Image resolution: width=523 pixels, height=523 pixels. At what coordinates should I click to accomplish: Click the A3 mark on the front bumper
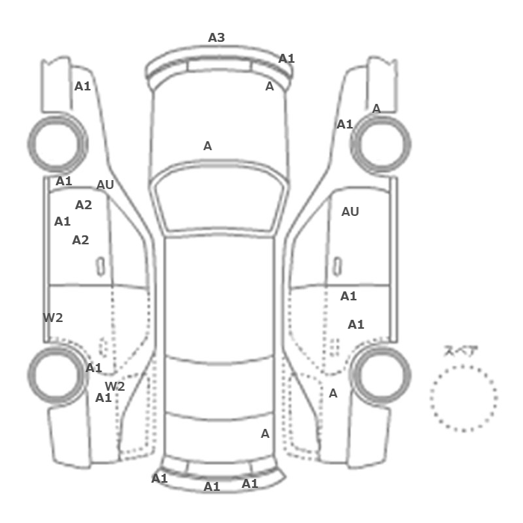[x=216, y=37]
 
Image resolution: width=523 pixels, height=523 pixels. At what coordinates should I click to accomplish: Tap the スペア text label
[x=461, y=351]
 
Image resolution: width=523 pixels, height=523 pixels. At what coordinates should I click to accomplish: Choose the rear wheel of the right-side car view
[x=383, y=374]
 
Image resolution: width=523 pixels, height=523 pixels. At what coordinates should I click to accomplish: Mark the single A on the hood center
[x=208, y=146]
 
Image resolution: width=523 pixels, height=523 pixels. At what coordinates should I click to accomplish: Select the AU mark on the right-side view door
[x=350, y=211]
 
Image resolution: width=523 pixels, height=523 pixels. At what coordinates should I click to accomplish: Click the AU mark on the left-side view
[x=105, y=185]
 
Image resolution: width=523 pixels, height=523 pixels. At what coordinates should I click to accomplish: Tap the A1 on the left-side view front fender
[x=82, y=86]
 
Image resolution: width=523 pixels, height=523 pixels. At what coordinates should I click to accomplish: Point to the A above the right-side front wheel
[x=377, y=108]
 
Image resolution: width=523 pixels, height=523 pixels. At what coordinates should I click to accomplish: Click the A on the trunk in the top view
[x=264, y=433]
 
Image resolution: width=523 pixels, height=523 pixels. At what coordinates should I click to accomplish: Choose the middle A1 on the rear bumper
[x=212, y=486]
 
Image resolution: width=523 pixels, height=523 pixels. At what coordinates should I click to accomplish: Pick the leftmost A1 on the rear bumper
[x=160, y=478]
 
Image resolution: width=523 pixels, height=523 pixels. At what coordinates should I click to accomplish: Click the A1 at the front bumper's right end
[x=287, y=58]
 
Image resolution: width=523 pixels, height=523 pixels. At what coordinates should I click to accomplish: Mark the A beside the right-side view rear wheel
[x=333, y=393]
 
